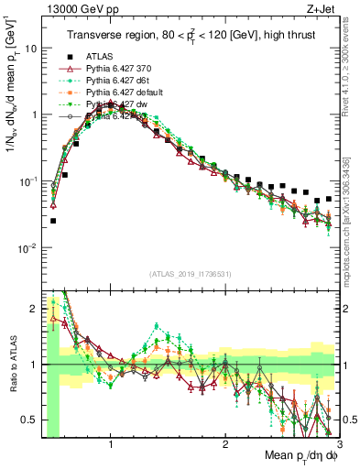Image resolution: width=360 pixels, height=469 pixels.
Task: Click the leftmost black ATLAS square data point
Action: (53, 221)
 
